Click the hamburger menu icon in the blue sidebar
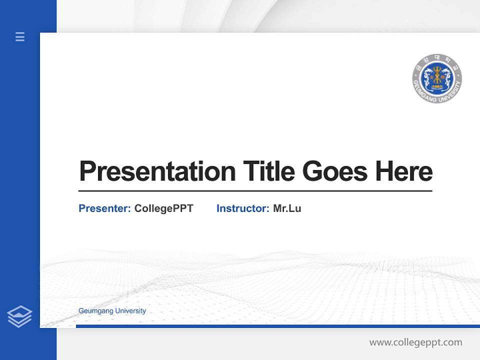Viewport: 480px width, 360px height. (x=20, y=36)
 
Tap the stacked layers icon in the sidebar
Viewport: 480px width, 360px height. (x=19, y=316)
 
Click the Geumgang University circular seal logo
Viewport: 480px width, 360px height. (x=437, y=78)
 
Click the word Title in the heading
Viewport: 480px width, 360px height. (x=269, y=171)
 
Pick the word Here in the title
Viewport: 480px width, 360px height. (x=403, y=171)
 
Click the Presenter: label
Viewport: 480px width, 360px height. (x=104, y=208)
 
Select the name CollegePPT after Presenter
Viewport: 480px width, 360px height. (x=163, y=208)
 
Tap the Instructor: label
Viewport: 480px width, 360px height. (x=242, y=208)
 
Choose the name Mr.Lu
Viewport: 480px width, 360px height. (x=287, y=208)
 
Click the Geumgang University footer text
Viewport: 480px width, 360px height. (x=112, y=311)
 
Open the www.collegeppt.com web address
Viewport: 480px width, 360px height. (x=415, y=342)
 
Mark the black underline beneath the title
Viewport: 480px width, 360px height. (x=255, y=191)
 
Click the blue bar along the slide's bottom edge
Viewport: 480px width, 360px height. (x=277, y=326)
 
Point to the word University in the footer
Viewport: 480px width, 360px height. (x=130, y=311)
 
